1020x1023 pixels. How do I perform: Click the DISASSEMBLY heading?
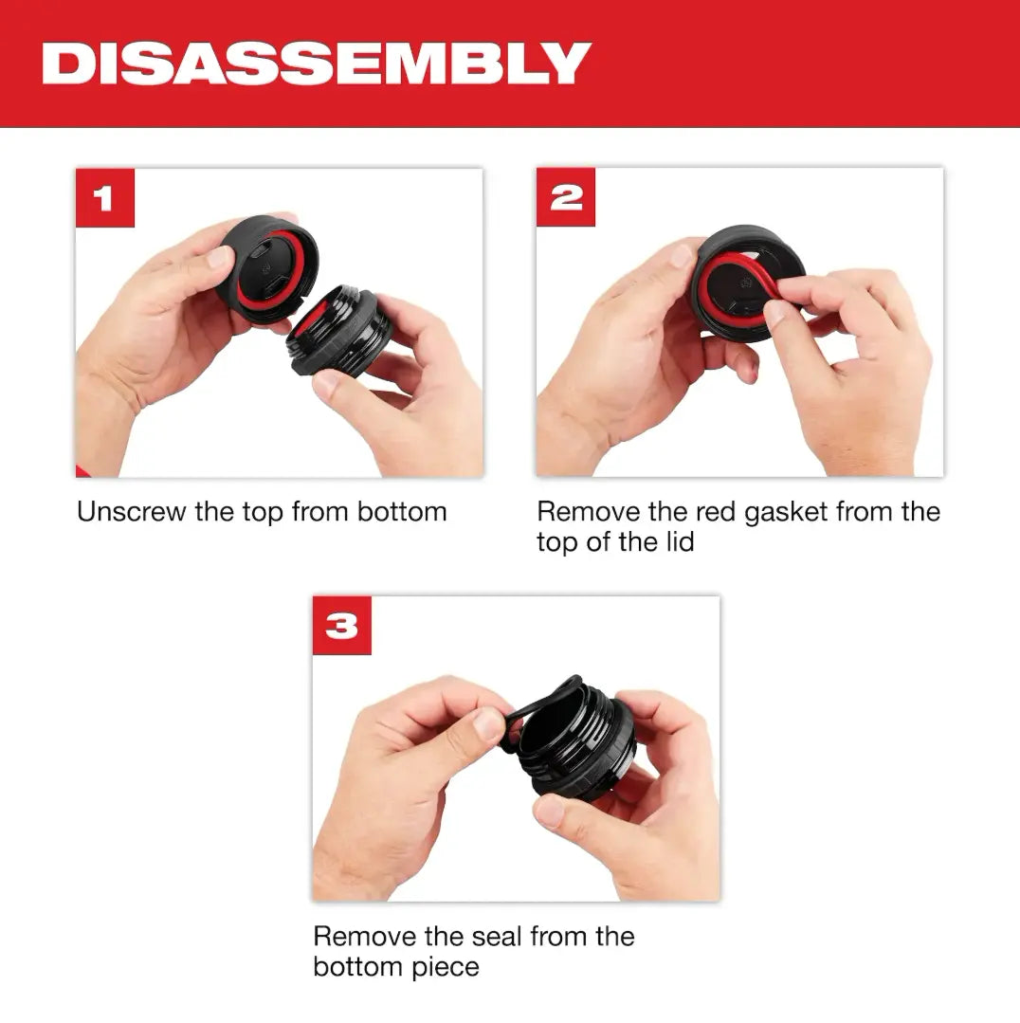tap(317, 64)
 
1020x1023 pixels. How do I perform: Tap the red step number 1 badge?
tap(104, 198)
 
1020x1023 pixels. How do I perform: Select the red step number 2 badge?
tap(566, 198)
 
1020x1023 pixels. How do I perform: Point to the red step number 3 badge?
tap(341, 626)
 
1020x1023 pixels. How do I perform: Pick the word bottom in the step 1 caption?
tap(402, 512)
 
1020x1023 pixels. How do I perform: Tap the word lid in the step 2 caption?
tap(677, 542)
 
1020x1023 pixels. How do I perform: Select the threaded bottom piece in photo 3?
tap(578, 749)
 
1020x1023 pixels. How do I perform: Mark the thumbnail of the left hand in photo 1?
tap(220, 257)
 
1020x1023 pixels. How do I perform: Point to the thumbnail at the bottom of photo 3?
tap(550, 813)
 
